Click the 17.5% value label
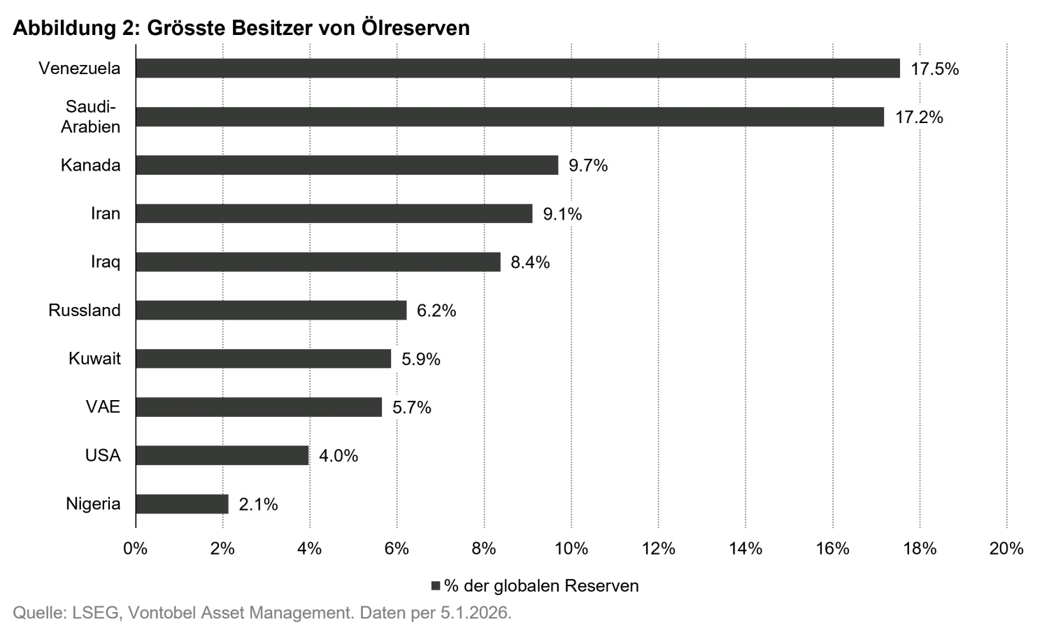[934, 68]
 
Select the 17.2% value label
[918, 117]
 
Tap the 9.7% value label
[587, 165]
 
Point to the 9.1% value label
[564, 213]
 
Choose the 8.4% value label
[531, 262]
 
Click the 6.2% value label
[436, 311]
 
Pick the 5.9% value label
[420, 359]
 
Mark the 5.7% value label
[413, 407]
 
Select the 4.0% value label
[340, 455]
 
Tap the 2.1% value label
[258, 504]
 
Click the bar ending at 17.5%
[518, 68]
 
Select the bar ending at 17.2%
[511, 117]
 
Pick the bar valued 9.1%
[336, 213]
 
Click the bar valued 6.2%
[272, 311]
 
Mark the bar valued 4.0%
[224, 455]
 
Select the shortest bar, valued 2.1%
[183, 504]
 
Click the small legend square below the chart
[436, 584]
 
